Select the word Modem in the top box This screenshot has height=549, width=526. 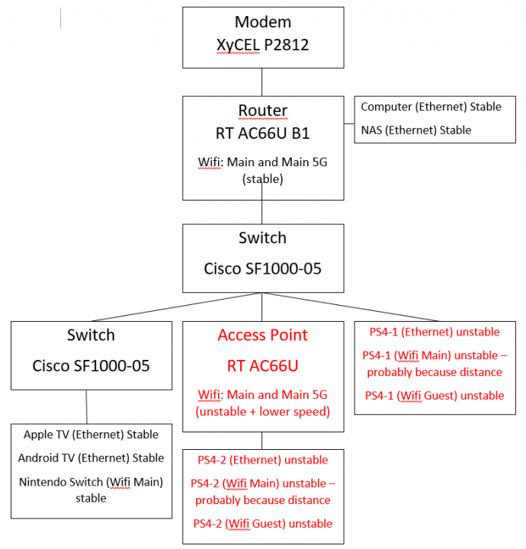[262, 21]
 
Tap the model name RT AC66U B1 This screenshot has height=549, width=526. [262, 133]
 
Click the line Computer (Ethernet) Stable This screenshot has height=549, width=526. [431, 107]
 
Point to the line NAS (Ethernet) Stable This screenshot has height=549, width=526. [416, 130]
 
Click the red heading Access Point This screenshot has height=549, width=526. [262, 335]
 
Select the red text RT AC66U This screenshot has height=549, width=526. [262, 366]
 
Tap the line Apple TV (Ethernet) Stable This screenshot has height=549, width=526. [91, 435]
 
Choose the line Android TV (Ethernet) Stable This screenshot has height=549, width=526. [91, 457]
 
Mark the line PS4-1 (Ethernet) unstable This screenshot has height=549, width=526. [435, 332]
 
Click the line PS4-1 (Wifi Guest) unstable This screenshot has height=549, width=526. [435, 396]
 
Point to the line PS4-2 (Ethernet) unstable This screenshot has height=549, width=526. [262, 460]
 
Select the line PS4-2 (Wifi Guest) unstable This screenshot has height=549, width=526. [262, 524]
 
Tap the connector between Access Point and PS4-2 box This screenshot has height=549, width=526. [262, 440]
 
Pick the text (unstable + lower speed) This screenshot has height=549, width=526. [262, 413]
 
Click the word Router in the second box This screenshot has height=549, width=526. [262, 111]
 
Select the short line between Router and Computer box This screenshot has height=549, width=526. [348, 122]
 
